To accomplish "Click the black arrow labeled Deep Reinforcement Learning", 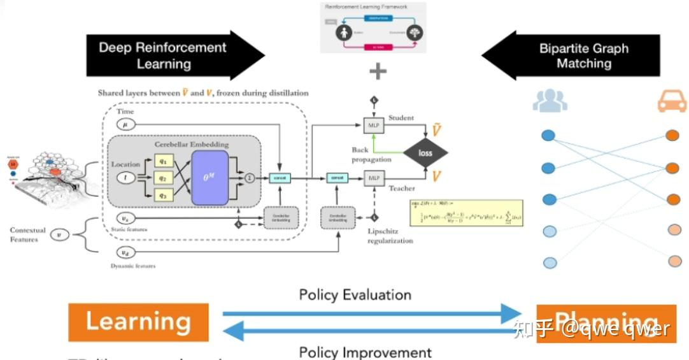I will [172, 55].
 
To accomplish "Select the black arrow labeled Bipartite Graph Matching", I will [573, 55].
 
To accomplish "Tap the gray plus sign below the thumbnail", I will [378, 71].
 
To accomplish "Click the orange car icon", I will [672, 100].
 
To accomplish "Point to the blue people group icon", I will [550, 101].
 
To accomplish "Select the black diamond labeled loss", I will [425, 153].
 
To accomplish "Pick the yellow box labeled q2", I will [163, 178].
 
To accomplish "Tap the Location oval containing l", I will [125, 178].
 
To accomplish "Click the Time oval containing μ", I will [125, 125].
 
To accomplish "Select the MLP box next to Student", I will [373, 126].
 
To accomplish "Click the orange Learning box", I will [138, 322].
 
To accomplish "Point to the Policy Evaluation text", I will [355, 294].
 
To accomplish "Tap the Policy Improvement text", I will [365, 352].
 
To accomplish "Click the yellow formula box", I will [467, 213].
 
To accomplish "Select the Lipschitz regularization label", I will [390, 236].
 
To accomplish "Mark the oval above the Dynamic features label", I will [125, 253].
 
